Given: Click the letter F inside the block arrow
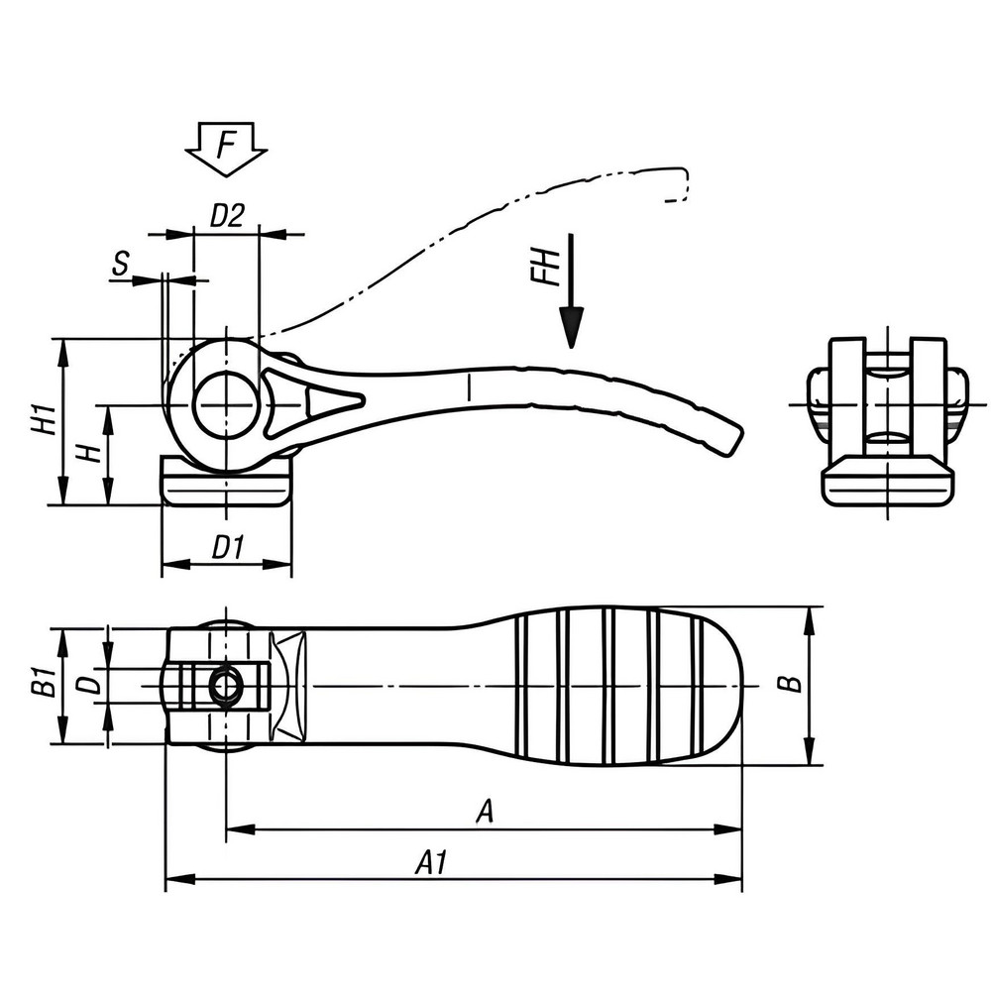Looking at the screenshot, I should point(227,146).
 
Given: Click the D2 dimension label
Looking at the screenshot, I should point(227,215).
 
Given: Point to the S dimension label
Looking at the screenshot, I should point(120,264).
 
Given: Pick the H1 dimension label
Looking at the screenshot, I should point(42,420).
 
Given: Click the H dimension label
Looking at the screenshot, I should point(90,454).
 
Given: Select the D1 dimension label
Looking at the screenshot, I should point(228,547).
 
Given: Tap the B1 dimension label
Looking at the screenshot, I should point(41,683).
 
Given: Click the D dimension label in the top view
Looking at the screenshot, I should point(89,684).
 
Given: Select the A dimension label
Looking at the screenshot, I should point(485,812).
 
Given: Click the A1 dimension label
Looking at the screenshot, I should point(431,863).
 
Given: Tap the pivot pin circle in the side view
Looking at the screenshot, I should point(227,405).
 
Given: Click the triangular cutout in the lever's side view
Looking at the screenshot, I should point(328,401).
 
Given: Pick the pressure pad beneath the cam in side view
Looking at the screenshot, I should point(227,483).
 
